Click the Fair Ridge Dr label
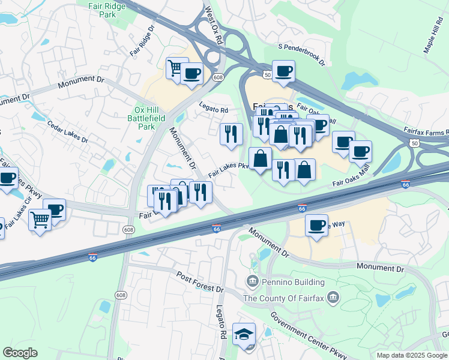[142, 41]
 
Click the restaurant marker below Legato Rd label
[231, 133]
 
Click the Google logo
[20, 353]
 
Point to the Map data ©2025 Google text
[411, 355]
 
